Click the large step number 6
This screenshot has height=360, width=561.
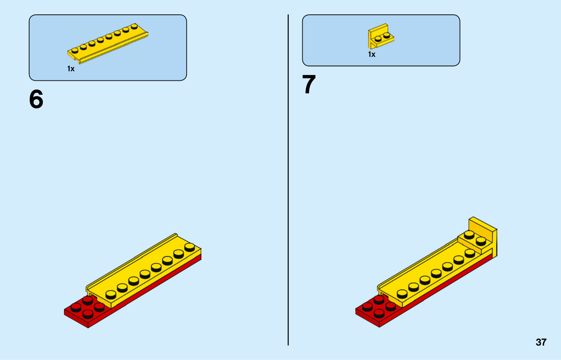(x=36, y=99)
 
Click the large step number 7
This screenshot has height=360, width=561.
(x=309, y=85)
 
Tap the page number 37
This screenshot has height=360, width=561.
(x=541, y=342)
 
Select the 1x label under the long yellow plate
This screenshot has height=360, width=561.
(x=71, y=69)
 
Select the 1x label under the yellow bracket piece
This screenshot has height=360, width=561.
(x=372, y=54)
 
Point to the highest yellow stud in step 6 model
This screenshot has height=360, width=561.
(x=190, y=247)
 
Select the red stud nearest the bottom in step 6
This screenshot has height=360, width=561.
(x=88, y=313)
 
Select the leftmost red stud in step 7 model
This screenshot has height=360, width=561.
(x=367, y=306)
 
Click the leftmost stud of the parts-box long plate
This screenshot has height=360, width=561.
(x=75, y=50)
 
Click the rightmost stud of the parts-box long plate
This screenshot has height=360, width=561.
(x=134, y=26)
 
